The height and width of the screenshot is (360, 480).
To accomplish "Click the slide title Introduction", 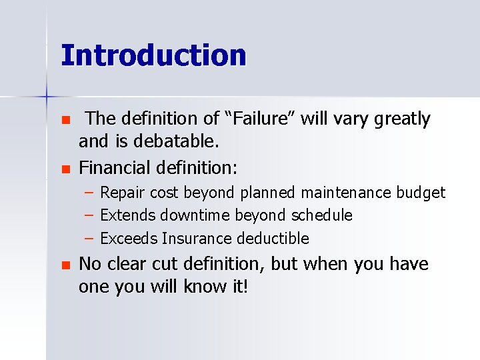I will (x=153, y=55).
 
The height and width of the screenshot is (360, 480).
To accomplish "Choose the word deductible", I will (x=275, y=238).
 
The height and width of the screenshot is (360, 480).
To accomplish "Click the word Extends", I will (x=125, y=215).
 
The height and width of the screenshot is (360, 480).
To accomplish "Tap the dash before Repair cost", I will (x=89, y=193).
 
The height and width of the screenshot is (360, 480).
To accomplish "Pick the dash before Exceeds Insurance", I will (x=89, y=238).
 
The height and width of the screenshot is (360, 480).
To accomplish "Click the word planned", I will (x=268, y=193).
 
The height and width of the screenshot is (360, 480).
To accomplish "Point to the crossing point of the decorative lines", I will (x=47, y=97).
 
